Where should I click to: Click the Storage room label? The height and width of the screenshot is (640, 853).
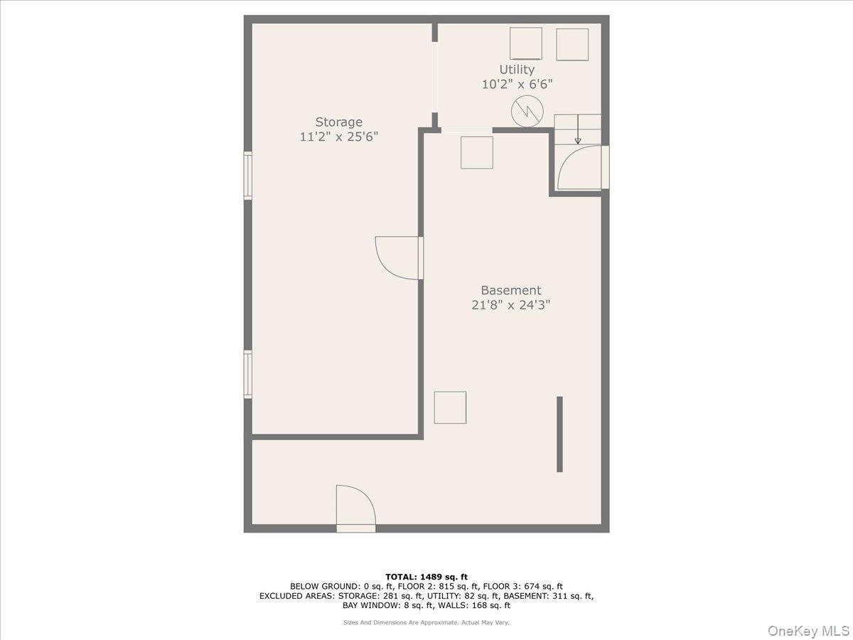338,122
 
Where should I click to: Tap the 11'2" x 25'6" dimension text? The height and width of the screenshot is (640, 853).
338,137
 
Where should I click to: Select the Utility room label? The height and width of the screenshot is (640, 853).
517,69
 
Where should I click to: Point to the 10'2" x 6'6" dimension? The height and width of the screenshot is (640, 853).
517,83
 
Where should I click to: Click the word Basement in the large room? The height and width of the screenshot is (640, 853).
510,290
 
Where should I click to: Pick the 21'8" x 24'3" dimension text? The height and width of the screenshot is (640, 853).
510,305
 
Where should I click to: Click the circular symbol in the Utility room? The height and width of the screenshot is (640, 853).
527,112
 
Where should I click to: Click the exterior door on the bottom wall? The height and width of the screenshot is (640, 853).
355,506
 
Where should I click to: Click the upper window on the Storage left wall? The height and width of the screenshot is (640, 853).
248,175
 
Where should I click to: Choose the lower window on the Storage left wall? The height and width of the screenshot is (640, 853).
248,373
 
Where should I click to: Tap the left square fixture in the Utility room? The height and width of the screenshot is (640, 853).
526,43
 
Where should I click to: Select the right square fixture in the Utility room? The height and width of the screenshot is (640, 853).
572,44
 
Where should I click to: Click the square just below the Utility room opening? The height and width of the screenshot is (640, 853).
476,152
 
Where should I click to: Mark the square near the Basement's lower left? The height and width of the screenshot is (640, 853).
450,407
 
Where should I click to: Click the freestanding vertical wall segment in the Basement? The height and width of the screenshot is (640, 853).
559,434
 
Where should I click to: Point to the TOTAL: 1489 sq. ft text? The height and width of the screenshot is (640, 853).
426,577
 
